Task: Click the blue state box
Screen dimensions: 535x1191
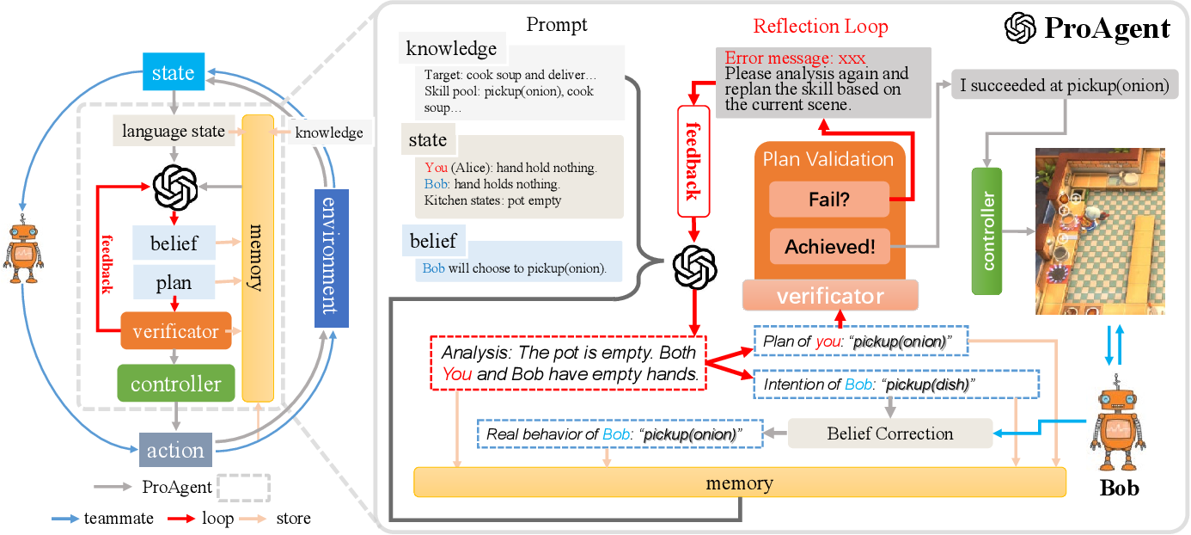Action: click(173, 72)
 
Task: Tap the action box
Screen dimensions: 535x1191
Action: click(176, 450)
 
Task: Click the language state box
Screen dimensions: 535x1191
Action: click(173, 132)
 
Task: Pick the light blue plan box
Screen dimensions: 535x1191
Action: click(174, 283)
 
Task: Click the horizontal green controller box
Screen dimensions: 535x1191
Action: click(175, 384)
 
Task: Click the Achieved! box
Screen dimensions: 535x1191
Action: click(829, 247)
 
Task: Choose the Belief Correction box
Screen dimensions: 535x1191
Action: click(889, 434)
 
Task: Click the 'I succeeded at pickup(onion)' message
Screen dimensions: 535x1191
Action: click(1065, 85)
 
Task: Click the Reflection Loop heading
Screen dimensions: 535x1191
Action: click(820, 27)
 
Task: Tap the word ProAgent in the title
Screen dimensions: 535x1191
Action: click(1107, 29)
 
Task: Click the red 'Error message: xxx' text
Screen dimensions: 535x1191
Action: click(795, 58)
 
